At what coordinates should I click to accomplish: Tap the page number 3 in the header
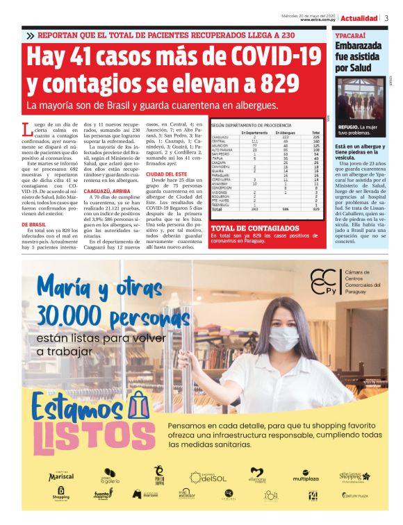(x=386, y=18)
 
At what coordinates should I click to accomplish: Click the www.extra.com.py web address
(x=320, y=20)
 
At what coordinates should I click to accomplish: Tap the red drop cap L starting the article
(x=26, y=128)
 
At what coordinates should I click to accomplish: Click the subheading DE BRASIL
(x=34, y=225)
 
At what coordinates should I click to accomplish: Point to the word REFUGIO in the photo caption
(x=347, y=128)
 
